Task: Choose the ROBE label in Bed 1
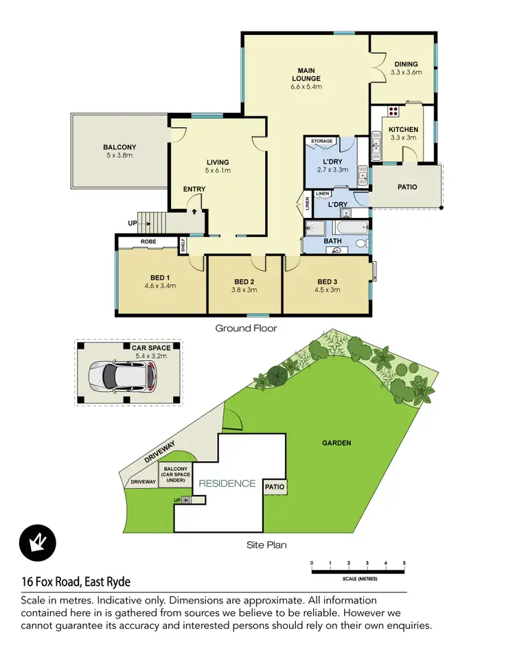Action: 148,242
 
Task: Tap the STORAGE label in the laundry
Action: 321,142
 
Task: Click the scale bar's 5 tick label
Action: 404,563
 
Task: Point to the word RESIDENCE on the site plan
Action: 227,483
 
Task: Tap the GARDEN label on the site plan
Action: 336,443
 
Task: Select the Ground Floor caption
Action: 246,329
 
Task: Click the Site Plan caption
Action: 266,545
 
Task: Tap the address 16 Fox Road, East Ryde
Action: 76,582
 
